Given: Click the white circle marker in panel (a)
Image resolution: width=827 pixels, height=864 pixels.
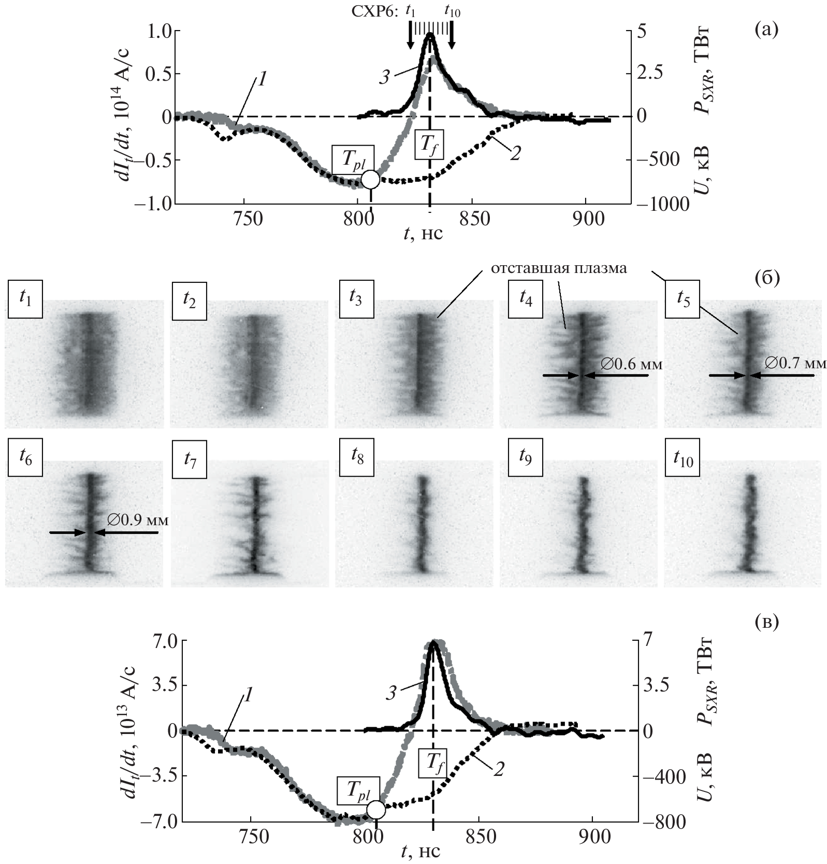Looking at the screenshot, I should (x=370, y=179).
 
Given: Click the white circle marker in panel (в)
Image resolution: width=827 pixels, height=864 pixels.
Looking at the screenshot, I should (x=376, y=809).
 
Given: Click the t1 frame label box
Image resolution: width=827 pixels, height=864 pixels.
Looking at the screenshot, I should (x=25, y=299).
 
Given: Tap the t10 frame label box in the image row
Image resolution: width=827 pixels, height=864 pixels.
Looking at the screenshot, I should (x=683, y=457).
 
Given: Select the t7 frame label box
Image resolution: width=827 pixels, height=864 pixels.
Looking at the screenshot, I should (x=190, y=458).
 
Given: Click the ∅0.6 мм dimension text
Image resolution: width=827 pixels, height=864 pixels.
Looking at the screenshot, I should (x=632, y=365).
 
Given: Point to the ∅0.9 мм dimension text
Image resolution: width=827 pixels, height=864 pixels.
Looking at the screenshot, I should (x=138, y=520).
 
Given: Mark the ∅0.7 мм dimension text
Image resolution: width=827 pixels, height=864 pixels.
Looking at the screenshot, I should (x=795, y=364).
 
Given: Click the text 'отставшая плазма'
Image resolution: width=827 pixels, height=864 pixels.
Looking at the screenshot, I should (x=559, y=268).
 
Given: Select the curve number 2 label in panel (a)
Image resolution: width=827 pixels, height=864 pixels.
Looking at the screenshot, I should (x=514, y=154).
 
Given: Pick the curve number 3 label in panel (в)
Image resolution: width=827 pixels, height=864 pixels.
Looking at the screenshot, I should (x=391, y=693).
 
